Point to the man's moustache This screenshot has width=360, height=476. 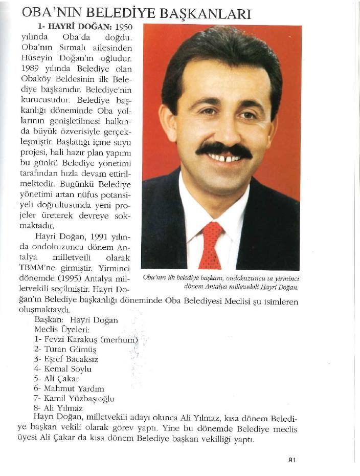(223, 150)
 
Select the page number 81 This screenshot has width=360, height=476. (292, 460)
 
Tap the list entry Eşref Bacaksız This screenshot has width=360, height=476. (71, 359)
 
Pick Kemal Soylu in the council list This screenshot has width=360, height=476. (68, 369)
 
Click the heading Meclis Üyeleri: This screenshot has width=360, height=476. (62, 330)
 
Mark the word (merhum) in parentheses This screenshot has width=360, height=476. (120, 339)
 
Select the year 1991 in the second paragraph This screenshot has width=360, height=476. (100, 237)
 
